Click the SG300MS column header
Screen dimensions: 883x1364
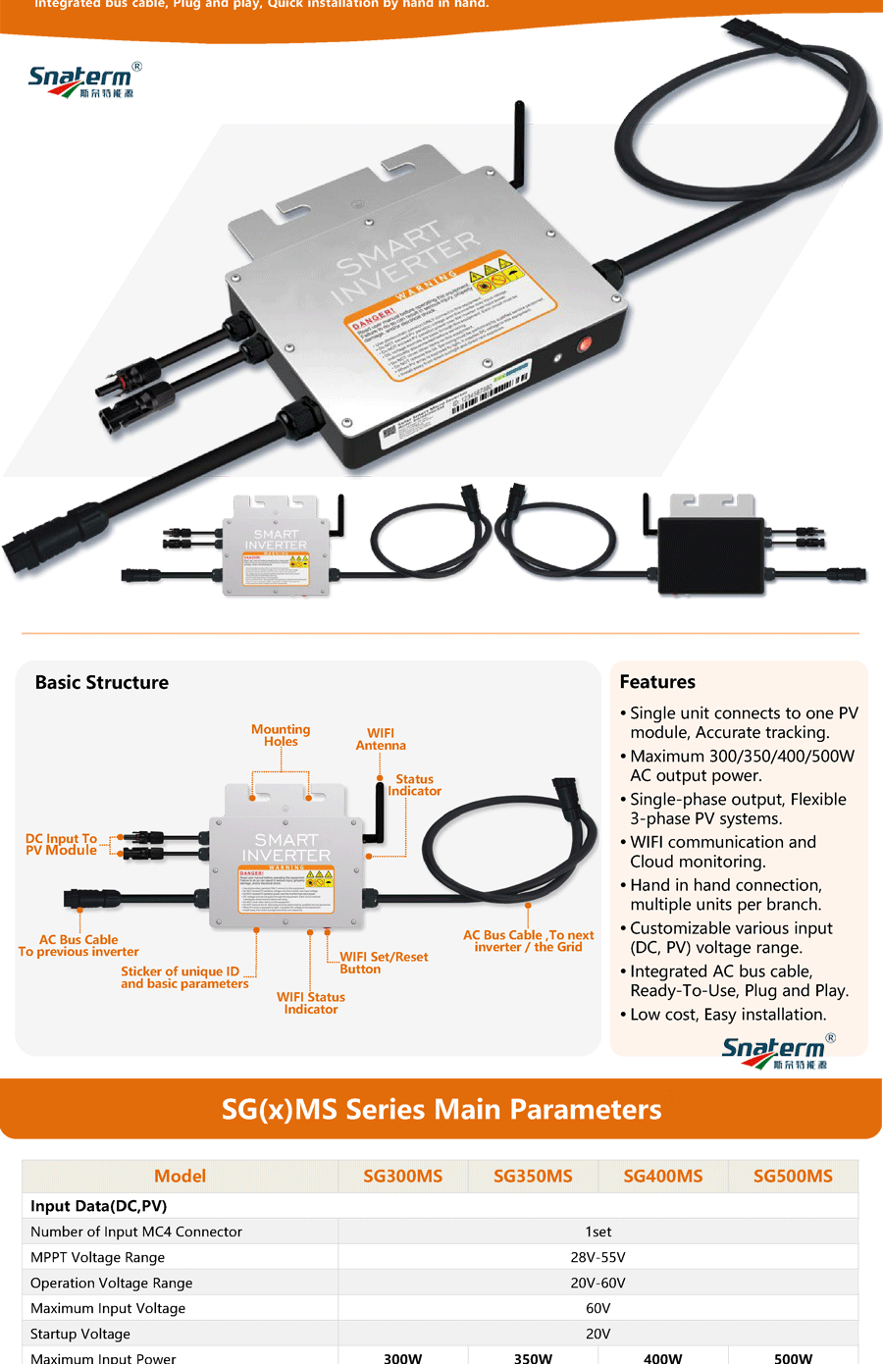(x=402, y=1176)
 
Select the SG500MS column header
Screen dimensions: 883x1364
(x=793, y=1176)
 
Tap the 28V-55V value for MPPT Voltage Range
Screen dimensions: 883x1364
(x=597, y=1257)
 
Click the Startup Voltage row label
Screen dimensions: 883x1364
(x=80, y=1334)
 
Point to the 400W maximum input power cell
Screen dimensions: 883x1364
(x=662, y=1358)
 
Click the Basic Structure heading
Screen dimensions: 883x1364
(x=102, y=682)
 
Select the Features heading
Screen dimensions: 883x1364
(x=657, y=681)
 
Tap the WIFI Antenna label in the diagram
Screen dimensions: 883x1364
(x=381, y=739)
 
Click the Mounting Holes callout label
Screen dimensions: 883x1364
(x=281, y=735)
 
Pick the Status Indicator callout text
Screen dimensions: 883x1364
(x=414, y=784)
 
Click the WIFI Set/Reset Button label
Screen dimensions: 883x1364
(x=384, y=963)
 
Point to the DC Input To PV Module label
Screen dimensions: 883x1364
(x=61, y=844)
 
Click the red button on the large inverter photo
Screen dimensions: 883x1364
(x=585, y=344)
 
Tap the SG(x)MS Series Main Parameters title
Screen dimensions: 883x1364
(x=441, y=1109)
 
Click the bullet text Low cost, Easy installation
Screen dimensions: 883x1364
(x=728, y=1014)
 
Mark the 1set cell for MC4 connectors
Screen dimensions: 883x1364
(x=597, y=1232)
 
